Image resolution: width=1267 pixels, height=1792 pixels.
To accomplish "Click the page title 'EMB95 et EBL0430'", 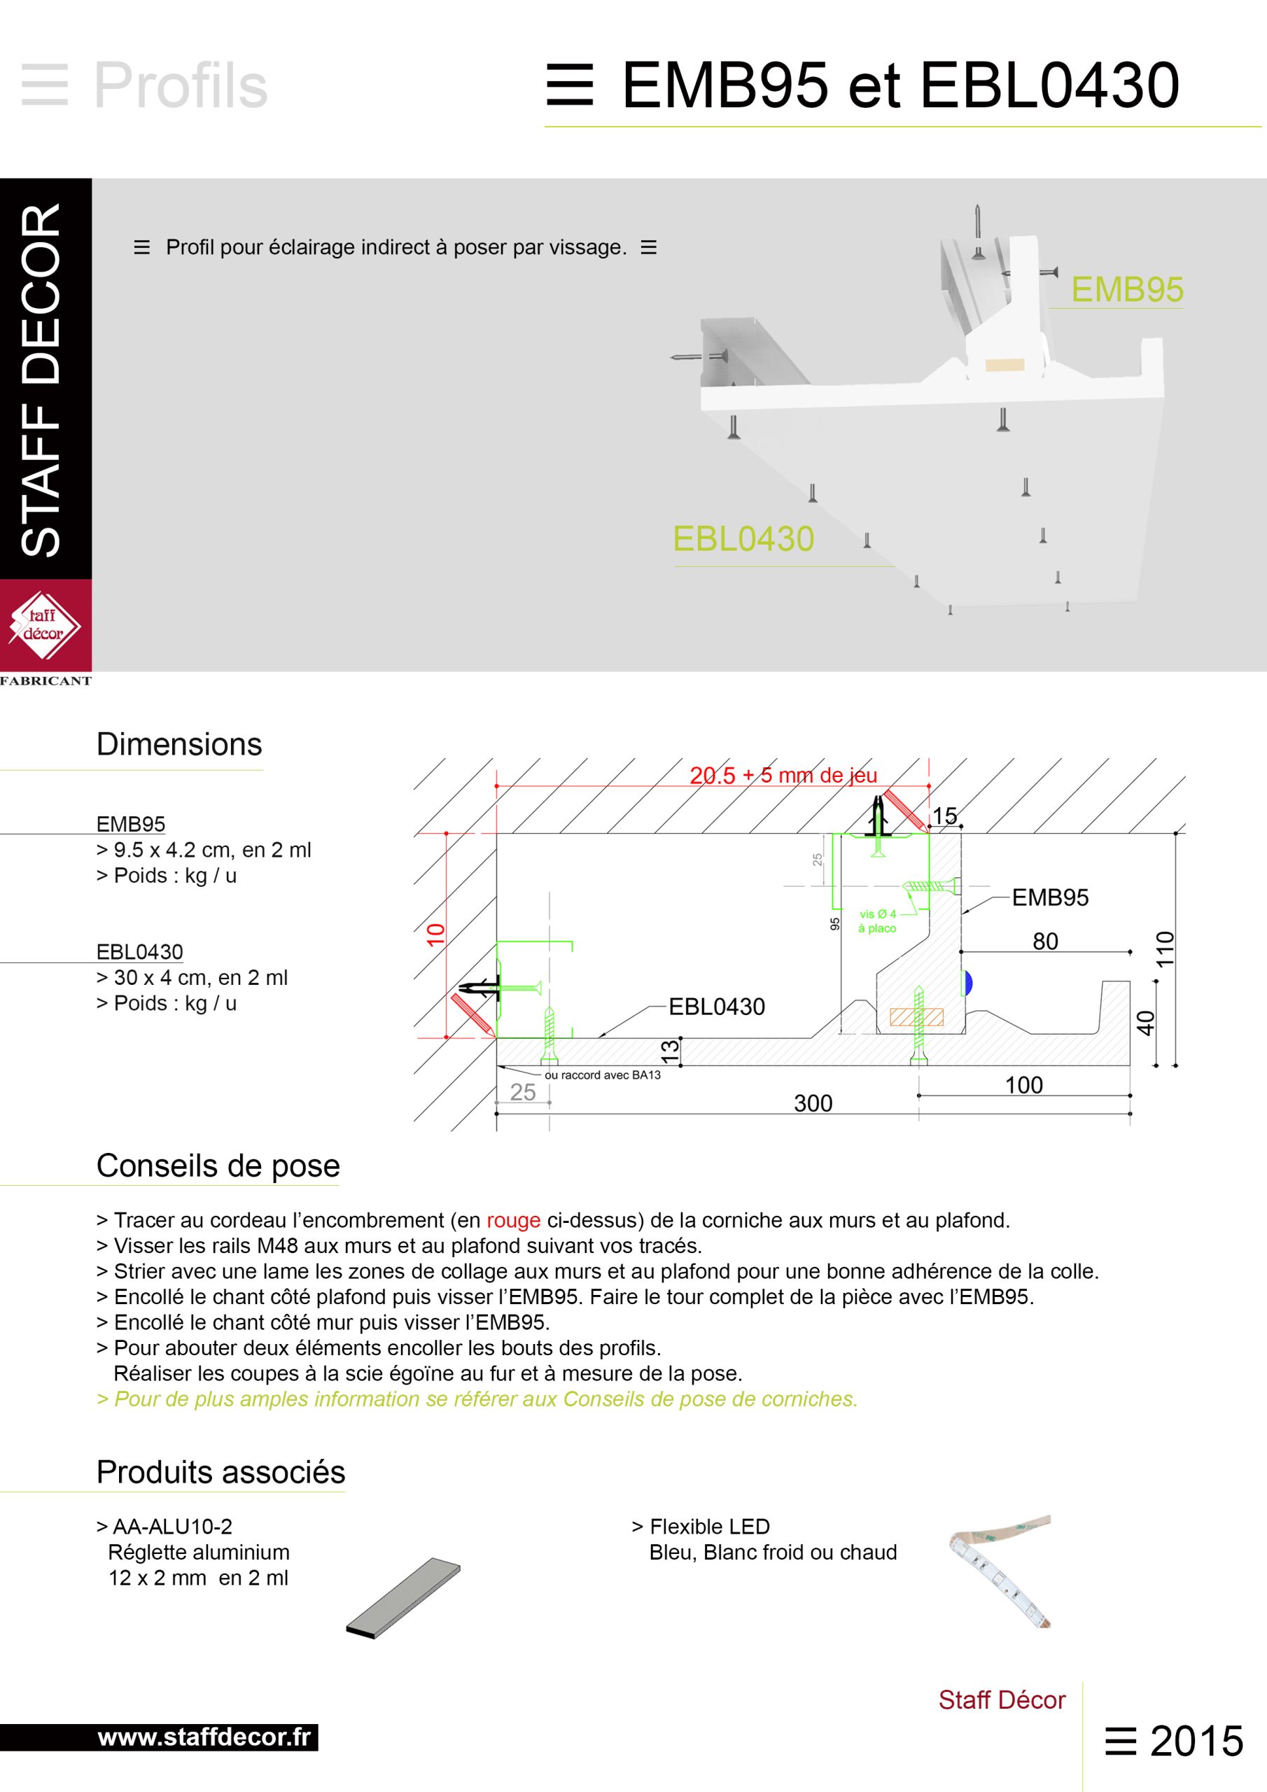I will [899, 85].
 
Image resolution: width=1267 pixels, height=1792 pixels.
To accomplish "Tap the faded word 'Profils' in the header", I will [181, 85].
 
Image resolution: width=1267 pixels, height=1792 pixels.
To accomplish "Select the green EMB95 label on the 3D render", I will [1126, 290].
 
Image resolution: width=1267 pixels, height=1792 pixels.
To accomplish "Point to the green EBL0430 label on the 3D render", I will [743, 539].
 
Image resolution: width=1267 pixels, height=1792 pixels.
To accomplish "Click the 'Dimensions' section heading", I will [178, 745].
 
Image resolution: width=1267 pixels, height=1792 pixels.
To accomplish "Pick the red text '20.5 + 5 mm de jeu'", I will [783, 775].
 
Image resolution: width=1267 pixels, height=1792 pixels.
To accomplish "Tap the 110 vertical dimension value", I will [1165, 949].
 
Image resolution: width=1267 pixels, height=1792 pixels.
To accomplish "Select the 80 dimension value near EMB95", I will [1045, 941].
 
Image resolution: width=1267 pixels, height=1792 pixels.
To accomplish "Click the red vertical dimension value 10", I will [435, 934].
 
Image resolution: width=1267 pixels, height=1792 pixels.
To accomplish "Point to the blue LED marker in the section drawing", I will [968, 983].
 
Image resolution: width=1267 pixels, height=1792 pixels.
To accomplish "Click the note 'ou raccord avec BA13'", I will [602, 1074].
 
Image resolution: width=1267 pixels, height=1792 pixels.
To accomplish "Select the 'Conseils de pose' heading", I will [218, 1166].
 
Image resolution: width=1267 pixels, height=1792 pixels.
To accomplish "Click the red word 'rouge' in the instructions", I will [513, 1221].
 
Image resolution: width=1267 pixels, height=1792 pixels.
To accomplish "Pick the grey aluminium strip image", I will [402, 1598].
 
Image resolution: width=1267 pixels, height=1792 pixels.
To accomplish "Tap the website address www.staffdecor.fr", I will [204, 1737].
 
